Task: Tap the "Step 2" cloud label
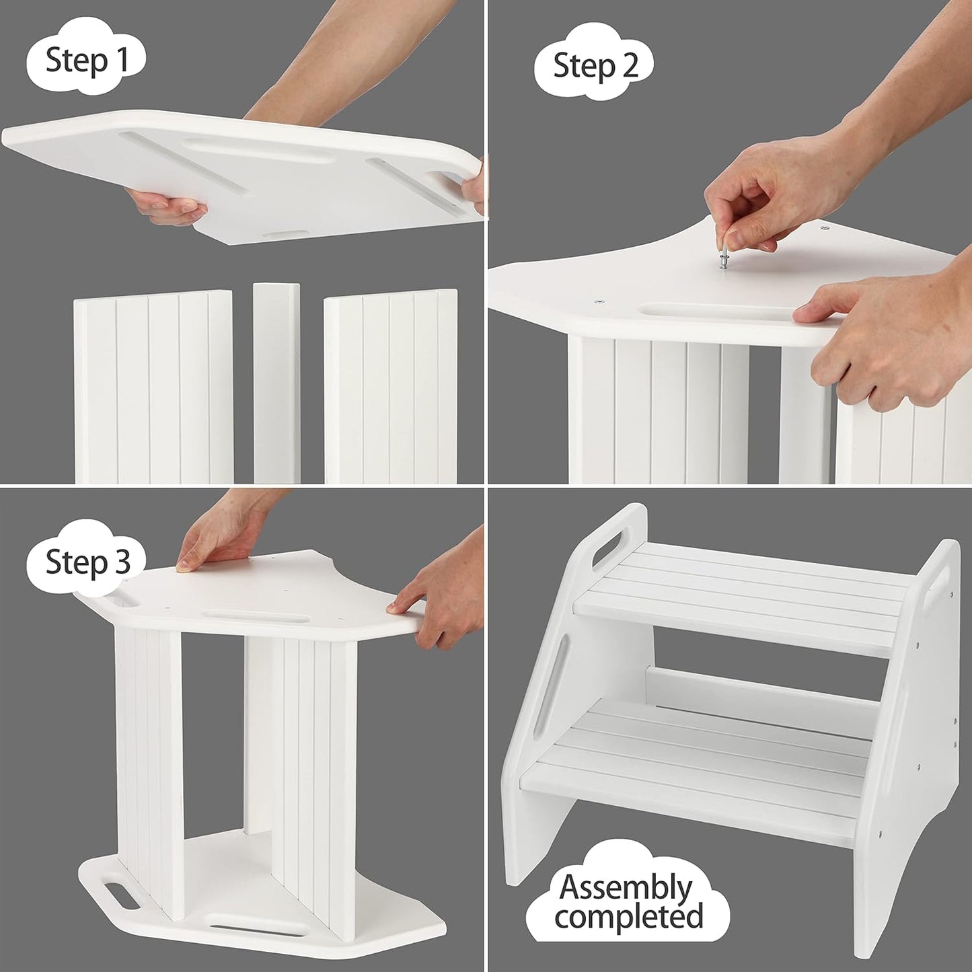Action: [x=595, y=65]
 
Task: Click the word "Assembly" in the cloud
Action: [x=626, y=887]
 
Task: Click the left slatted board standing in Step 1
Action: [x=154, y=387]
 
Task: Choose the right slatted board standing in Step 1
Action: [x=391, y=387]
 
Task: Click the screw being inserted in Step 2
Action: [x=724, y=258]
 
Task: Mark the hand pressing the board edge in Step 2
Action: [x=888, y=336]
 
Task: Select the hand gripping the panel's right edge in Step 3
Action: [x=441, y=599]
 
